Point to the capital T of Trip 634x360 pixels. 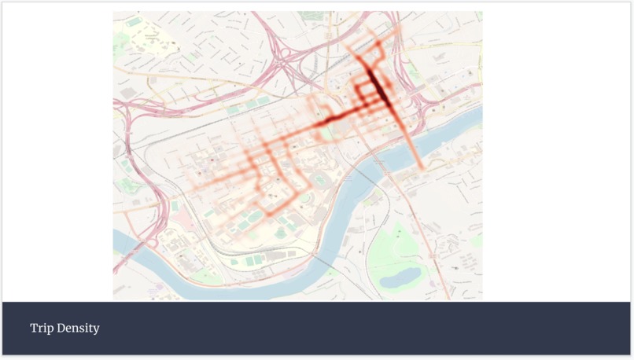33,328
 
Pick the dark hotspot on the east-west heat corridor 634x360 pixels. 330,120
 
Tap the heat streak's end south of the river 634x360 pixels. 422,167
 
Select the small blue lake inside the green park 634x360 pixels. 401,277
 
